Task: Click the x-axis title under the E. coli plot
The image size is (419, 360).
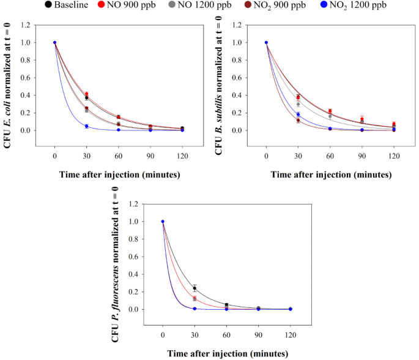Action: [x=119, y=174]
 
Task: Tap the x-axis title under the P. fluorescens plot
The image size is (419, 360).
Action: [x=226, y=353]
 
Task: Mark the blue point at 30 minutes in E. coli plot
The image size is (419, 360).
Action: [x=86, y=126]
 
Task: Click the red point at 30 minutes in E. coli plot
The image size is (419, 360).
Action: [x=86, y=94]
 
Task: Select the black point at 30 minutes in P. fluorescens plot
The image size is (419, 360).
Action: [x=195, y=288]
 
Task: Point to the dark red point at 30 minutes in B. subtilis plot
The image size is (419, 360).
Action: [x=298, y=120]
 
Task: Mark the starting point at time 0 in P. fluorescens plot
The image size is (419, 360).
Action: [x=163, y=222]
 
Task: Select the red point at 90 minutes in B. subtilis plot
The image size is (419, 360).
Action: [x=362, y=119]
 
